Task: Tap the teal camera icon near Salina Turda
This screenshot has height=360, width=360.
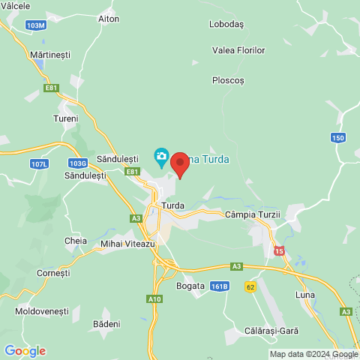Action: click(161, 157)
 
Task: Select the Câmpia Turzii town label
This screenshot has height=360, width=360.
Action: click(252, 214)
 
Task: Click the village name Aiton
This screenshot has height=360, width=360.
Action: click(109, 18)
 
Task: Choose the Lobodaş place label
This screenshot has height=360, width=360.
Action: click(227, 24)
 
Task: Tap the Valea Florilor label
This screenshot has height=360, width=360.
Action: click(239, 50)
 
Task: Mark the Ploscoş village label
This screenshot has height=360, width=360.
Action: click(228, 80)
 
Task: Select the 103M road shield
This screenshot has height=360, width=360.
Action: click(35, 25)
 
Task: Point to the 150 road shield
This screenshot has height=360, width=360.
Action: click(339, 137)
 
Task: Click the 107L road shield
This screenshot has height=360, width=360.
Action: click(39, 163)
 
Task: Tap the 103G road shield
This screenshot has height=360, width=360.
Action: click(77, 163)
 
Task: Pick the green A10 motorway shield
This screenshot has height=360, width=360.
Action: click(154, 299)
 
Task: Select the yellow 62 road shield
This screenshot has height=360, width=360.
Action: click(250, 286)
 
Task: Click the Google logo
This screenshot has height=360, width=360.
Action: click(25, 351)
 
